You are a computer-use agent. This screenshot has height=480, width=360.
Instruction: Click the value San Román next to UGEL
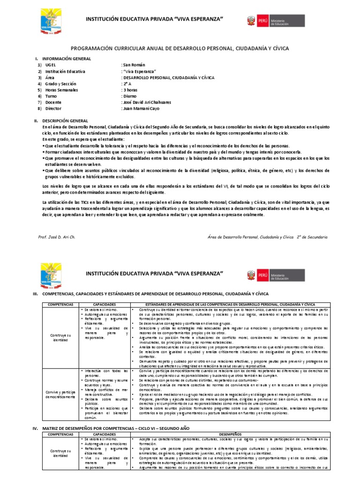click(x=134, y=65)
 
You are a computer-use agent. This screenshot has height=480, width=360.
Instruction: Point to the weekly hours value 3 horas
click(x=131, y=89)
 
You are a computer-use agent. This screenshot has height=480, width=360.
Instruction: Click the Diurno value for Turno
click(x=130, y=95)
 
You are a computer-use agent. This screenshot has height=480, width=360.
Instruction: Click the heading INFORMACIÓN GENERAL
click(x=66, y=59)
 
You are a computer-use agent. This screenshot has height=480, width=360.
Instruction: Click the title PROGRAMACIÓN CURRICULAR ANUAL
click(x=180, y=48)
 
